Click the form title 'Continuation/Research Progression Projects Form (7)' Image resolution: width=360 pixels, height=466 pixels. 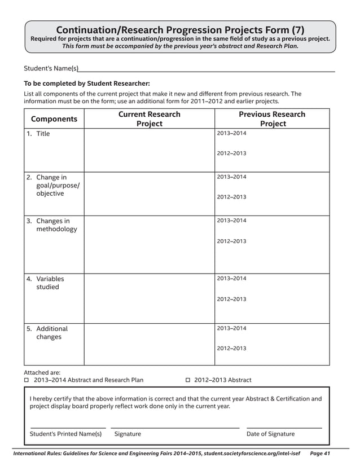(x=180, y=30)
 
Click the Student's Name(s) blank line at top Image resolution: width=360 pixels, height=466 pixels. (x=207, y=70)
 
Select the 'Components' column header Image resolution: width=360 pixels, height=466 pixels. (x=54, y=119)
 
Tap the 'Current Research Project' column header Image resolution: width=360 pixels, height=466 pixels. (x=150, y=118)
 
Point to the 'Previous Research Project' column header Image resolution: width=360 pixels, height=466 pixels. (x=273, y=118)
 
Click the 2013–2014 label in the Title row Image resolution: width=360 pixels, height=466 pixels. (x=231, y=133)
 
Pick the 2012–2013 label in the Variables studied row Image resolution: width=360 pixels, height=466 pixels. (x=231, y=299)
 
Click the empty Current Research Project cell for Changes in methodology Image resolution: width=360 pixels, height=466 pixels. (x=150, y=244)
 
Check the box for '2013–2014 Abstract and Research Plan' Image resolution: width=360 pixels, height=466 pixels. (x=27, y=380)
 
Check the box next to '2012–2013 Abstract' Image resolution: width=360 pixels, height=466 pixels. (x=188, y=380)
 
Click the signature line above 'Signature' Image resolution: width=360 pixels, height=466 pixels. (x=175, y=428)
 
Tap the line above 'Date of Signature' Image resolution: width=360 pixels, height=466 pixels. (x=284, y=428)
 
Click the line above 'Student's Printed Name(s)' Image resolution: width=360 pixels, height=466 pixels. (x=68, y=428)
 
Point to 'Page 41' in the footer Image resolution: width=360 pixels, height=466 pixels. (x=320, y=453)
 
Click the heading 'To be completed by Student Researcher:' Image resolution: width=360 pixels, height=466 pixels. (x=86, y=83)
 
